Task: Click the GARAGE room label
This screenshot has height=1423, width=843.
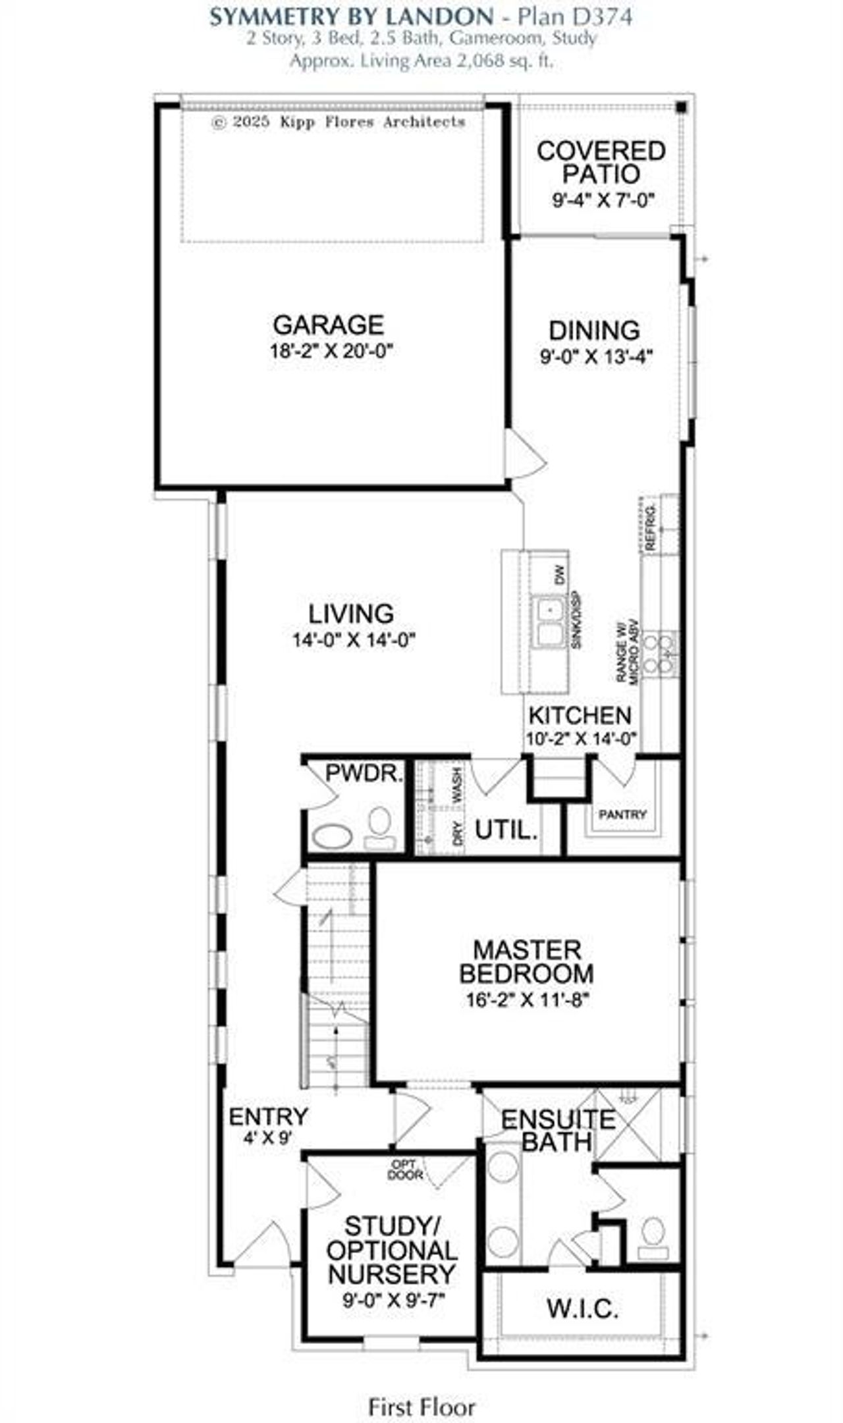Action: point(328,325)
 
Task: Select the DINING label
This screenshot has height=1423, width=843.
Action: point(594,330)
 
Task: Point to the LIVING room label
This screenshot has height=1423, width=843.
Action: point(351,614)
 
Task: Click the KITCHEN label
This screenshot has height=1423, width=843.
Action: point(580,715)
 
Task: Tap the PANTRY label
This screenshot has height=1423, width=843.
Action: point(622,815)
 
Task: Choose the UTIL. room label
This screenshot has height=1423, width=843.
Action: point(506,830)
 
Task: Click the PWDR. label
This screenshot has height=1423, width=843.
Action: point(364,774)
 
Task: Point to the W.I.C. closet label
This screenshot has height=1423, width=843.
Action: point(582,1309)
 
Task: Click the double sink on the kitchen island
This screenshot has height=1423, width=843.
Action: point(549,622)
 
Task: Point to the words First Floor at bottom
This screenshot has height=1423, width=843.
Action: point(421,1390)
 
